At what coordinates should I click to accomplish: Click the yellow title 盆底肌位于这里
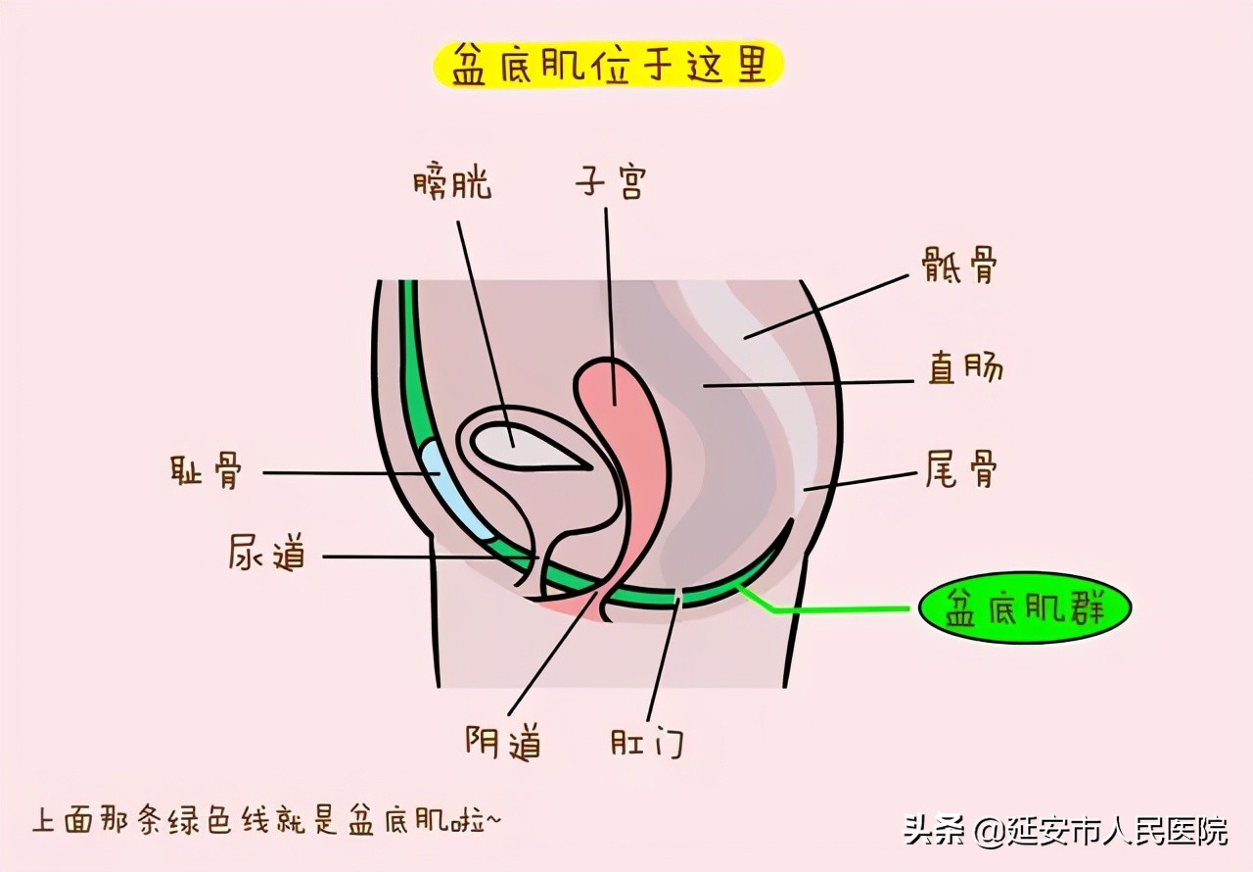coord(609,64)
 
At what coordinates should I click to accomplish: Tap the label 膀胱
coord(452,183)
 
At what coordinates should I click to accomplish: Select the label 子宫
coord(610,182)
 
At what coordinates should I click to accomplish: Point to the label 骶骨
coord(959,265)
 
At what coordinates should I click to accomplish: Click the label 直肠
coord(964,369)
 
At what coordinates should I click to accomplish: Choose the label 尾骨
coord(961,471)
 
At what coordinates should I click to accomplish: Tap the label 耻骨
coord(205,473)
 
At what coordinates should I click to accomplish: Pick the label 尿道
coord(266,554)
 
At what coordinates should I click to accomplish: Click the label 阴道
coord(503,742)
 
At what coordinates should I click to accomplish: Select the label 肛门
coord(646,742)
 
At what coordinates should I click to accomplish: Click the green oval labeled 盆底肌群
coord(1024,609)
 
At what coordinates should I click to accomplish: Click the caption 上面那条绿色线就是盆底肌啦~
coord(266,819)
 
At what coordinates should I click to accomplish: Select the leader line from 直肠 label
coord(812,383)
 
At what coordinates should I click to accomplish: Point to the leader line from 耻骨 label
coord(343,473)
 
